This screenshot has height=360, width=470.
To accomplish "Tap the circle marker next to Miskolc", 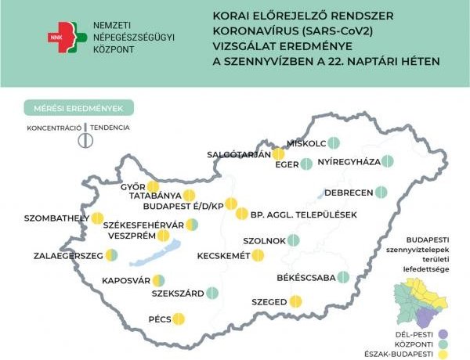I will [x=334, y=143].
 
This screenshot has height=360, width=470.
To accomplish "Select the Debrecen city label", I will [x=347, y=192].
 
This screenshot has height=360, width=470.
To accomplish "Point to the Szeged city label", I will [x=269, y=301].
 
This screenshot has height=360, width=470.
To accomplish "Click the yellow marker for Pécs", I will [x=179, y=319].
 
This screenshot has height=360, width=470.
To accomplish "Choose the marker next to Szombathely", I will [x=98, y=218].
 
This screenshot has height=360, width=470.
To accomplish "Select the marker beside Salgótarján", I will [x=278, y=154].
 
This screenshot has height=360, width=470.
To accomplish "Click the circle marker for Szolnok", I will [x=293, y=240].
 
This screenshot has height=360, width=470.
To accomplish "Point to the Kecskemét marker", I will [x=259, y=255].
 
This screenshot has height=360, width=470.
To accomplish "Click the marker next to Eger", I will [x=305, y=164].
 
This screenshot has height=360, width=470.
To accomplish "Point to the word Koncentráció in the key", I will [x=54, y=128].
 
